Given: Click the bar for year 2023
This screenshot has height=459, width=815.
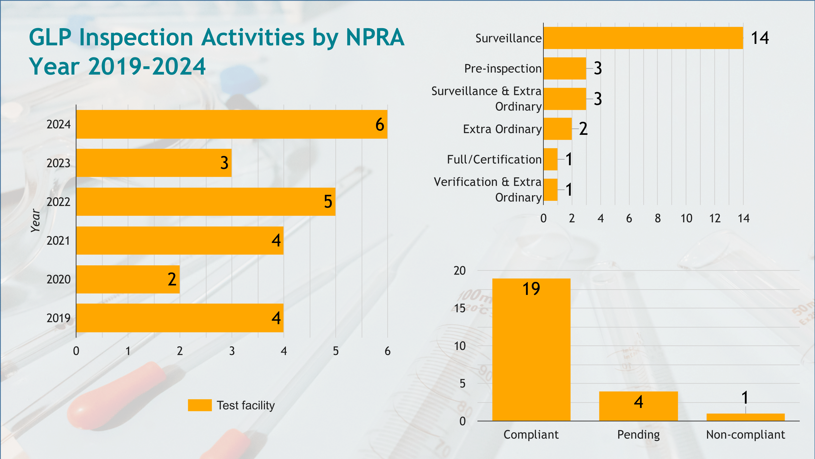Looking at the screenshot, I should [x=154, y=163].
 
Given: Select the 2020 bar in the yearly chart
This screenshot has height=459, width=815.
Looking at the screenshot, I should [x=128, y=279].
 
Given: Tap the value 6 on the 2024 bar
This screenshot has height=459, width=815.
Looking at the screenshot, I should [x=380, y=124].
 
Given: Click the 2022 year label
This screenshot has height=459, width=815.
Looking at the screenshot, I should [x=58, y=202].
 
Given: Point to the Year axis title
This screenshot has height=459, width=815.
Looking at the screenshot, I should [x=36, y=221].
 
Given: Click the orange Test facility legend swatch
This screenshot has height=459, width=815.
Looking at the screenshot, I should [x=200, y=405].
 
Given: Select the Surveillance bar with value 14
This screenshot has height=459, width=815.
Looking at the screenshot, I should [x=643, y=38].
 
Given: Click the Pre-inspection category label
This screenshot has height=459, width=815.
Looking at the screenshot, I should [x=503, y=69].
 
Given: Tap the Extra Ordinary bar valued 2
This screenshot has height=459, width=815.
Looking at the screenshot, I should [x=557, y=129].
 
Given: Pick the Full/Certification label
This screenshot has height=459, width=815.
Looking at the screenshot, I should [x=494, y=159].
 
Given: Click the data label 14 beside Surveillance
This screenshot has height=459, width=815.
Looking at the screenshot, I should [x=760, y=38].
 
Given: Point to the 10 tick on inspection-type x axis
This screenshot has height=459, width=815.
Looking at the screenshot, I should [x=686, y=218].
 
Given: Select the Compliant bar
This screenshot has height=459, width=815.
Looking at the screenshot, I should [x=531, y=350].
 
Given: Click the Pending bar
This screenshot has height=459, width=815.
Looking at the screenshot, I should [x=639, y=406].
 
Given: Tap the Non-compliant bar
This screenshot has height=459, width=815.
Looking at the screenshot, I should [x=745, y=417].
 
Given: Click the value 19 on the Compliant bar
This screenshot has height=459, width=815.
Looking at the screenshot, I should [x=531, y=289].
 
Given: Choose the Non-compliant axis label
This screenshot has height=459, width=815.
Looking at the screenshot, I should [x=745, y=435].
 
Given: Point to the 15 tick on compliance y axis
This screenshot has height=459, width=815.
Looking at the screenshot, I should [x=460, y=308].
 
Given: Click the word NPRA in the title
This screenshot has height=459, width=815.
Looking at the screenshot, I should [x=375, y=37].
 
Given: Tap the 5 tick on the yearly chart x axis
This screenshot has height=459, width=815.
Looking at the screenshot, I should [x=336, y=351].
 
